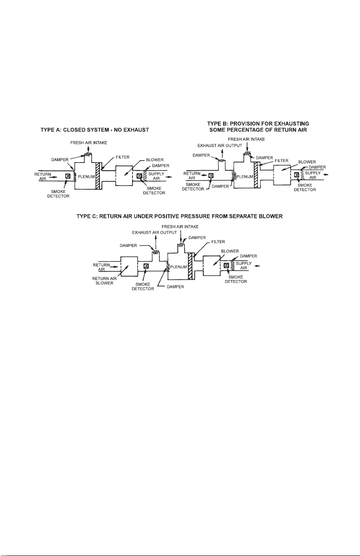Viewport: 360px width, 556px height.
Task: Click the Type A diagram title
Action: tap(94, 130)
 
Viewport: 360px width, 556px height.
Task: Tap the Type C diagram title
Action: tap(179, 216)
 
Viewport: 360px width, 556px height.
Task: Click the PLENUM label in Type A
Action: tap(86, 177)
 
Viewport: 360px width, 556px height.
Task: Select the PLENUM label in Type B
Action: tap(245, 177)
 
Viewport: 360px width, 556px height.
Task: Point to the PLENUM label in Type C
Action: tap(178, 267)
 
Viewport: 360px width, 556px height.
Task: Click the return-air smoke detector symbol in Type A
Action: tap(68, 176)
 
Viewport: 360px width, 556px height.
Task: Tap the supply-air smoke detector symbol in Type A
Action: tap(139, 176)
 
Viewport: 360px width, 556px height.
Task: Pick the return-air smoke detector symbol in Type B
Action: tap(211, 176)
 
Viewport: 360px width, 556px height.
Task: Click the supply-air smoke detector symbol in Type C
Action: tap(227, 266)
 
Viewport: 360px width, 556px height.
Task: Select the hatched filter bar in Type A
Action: tap(98, 176)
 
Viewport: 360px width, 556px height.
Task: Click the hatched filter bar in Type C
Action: tap(190, 266)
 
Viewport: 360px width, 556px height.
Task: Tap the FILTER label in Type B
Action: tap(281, 161)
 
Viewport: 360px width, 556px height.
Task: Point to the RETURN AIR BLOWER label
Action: tap(104, 281)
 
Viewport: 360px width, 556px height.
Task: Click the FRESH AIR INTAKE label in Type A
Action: tap(89, 143)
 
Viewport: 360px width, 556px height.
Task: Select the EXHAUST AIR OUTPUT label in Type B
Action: tap(220, 146)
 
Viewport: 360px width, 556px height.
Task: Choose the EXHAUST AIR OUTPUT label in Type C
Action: tap(154, 232)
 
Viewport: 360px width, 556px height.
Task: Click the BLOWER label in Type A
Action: tap(155, 160)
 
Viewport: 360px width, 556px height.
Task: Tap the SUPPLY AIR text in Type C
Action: tap(244, 266)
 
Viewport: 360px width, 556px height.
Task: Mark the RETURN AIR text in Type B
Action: tap(192, 176)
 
